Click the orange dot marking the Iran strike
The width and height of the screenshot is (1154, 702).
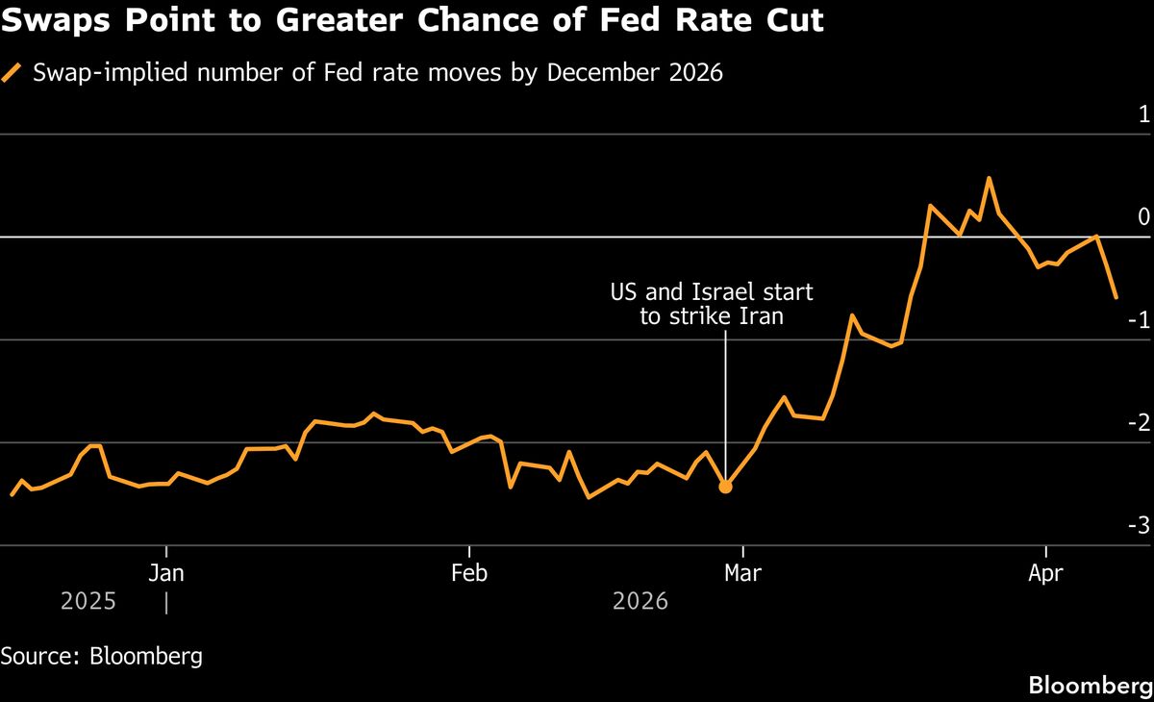coord(725,487)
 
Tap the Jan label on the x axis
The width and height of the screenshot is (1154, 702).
coord(167,574)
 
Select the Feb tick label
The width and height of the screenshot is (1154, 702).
coord(469,574)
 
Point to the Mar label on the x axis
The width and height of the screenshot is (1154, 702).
coord(742,574)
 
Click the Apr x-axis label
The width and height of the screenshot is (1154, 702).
coord(1045,574)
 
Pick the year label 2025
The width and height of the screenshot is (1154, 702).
coord(88,602)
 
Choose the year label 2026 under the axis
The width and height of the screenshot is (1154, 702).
coord(640,602)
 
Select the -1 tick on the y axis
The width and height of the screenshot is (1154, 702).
coord(1139,320)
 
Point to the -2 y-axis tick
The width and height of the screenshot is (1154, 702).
coord(1139,423)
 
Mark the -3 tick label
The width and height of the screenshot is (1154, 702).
coord(1139,525)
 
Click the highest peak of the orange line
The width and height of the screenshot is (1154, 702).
coord(989,178)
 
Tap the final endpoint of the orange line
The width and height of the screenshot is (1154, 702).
coord(1116,297)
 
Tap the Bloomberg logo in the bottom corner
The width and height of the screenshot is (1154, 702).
coord(1091,686)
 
